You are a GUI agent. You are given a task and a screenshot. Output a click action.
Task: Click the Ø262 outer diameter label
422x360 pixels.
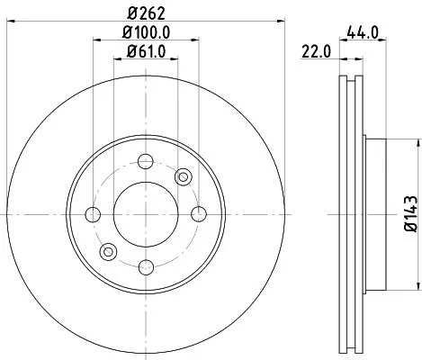146,12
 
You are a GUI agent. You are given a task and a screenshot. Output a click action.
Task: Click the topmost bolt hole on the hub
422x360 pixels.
145,161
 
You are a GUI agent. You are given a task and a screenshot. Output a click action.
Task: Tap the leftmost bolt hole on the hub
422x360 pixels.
93,213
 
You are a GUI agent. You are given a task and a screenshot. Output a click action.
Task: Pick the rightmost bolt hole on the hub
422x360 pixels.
197,213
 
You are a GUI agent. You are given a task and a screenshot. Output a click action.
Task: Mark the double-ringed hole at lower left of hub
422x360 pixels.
108,250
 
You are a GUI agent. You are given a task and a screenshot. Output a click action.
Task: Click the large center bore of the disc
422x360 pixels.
145,213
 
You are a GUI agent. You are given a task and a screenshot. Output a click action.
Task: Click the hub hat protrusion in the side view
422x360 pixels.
376,213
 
